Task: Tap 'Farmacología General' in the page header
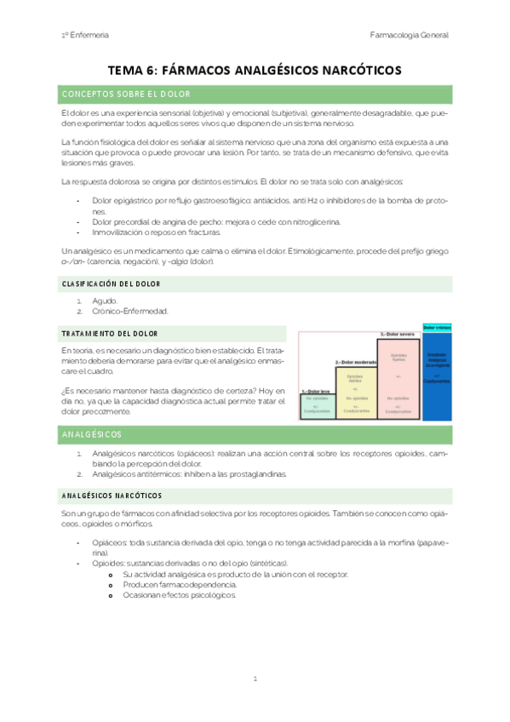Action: coord(410,35)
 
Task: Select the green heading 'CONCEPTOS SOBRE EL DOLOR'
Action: coord(127,94)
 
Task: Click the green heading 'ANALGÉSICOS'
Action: coord(94,435)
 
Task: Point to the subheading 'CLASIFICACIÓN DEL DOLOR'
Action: coord(112,284)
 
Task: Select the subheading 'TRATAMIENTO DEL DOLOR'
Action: coord(109,333)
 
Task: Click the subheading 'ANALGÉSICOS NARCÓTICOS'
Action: coord(112,495)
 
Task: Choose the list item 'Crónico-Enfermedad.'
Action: coord(129,311)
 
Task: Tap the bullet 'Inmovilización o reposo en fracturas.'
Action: coord(156,232)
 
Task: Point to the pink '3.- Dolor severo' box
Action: coord(398,379)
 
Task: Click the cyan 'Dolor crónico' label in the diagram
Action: coord(437,327)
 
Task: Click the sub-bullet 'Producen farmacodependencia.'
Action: coord(180,585)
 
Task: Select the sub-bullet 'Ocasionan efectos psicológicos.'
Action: coord(183,595)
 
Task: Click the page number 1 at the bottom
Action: coord(255,679)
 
